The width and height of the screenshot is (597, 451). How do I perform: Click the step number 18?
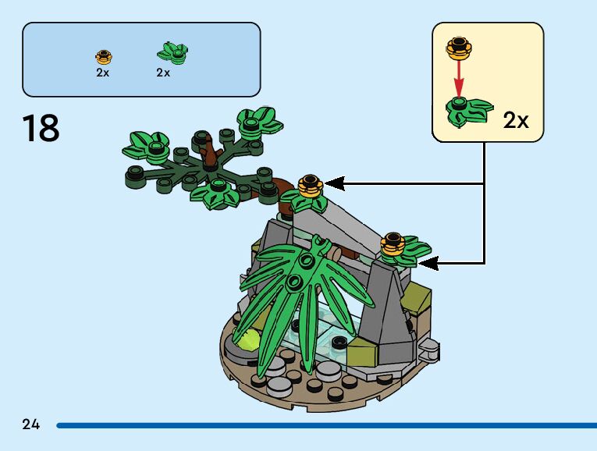click(x=41, y=128)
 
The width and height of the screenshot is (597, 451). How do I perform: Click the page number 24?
click(x=31, y=424)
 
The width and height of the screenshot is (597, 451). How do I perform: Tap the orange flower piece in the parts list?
click(x=103, y=57)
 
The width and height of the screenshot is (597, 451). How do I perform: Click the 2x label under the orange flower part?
click(x=103, y=73)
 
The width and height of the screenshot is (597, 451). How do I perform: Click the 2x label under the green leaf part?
click(x=163, y=73)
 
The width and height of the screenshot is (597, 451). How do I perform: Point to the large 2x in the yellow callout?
click(x=515, y=120)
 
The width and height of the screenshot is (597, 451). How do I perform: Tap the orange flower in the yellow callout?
click(x=460, y=48)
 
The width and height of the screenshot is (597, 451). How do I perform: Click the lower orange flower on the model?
click(x=392, y=246)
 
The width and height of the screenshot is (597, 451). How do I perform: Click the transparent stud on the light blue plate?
click(x=339, y=341)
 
